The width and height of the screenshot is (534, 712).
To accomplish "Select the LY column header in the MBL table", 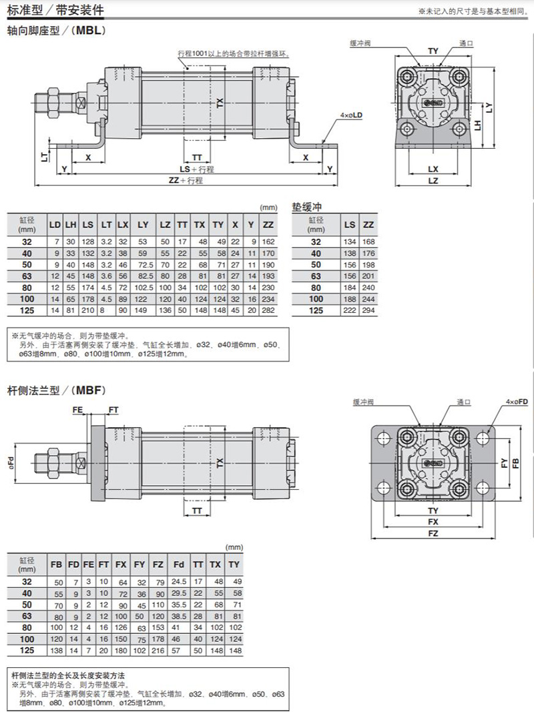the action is [143, 225].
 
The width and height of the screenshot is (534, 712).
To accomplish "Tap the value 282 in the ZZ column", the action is [268, 310].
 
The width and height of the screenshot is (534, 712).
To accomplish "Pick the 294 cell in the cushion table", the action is [368, 310].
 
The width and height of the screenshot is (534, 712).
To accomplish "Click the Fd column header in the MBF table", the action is [179, 565].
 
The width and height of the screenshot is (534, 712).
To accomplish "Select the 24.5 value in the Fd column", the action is [179, 582].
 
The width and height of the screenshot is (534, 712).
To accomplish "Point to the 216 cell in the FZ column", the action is [158, 651].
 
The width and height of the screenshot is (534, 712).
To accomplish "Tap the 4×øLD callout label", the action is [352, 115].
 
